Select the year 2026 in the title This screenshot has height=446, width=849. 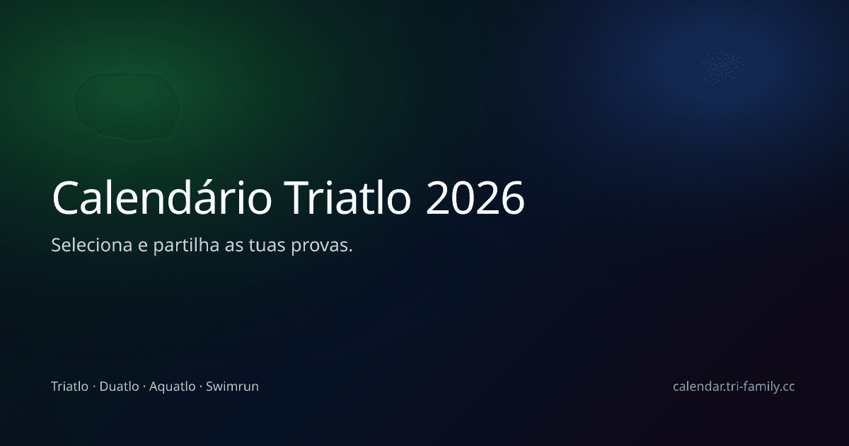[475, 198]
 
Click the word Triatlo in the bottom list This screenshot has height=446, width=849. [69, 387]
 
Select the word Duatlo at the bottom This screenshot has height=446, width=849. [119, 387]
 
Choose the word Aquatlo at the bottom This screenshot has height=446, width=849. [172, 387]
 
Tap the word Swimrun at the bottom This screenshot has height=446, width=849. [232, 387]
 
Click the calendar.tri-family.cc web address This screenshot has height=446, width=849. [734, 387]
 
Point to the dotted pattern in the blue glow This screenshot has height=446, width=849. [722, 67]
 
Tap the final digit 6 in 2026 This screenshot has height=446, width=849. [512, 198]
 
